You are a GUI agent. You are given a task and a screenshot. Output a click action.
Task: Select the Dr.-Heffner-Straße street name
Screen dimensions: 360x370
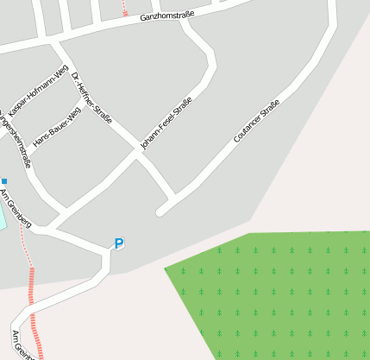(x=91, y=98)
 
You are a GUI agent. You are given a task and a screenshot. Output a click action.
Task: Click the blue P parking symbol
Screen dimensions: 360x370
(x=119, y=244)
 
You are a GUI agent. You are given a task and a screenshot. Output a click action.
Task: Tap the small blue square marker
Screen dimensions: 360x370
(x=4, y=181)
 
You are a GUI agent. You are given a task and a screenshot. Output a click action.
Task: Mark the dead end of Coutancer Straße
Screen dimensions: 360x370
(x=160, y=212)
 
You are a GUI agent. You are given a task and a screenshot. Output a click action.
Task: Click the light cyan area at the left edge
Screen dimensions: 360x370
(x=2, y=216)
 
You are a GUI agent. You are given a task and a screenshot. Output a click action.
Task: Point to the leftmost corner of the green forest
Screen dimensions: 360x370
(x=166, y=268)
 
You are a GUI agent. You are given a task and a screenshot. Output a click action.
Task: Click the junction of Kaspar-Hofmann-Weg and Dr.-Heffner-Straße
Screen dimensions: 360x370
(x=69, y=69)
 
